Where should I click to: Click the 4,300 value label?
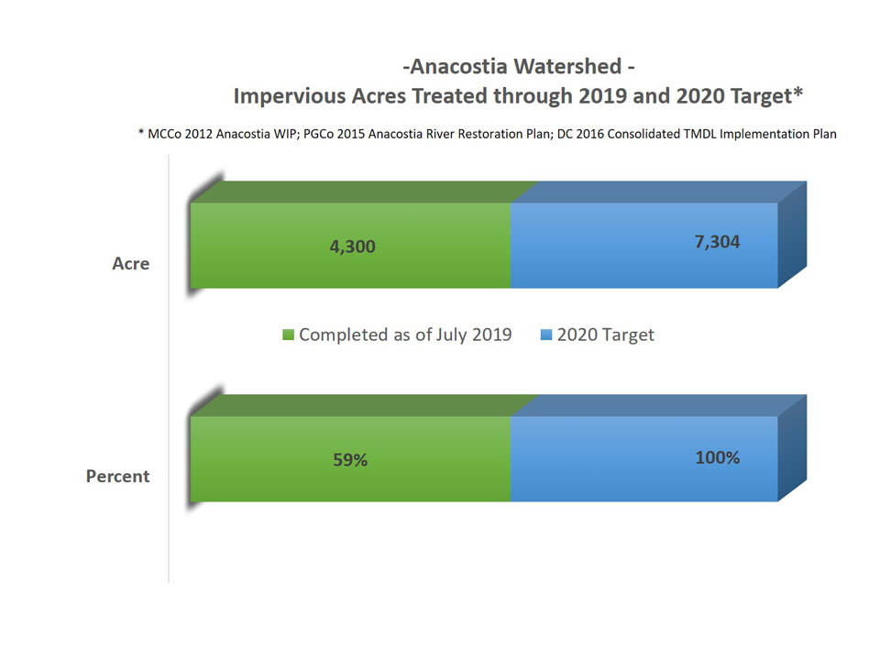352,247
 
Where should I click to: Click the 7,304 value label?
717,242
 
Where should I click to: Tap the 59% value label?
350,459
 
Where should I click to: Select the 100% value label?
717,457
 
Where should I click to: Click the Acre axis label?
131,264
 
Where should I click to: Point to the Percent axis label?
118,477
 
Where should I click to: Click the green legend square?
288,335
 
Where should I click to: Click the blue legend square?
546,335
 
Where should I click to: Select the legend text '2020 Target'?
606,335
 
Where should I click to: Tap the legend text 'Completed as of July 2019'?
405,335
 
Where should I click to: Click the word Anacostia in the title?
459,66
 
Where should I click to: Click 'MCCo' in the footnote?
164,134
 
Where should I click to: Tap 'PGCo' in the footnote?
318,134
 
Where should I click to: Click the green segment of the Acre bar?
350,246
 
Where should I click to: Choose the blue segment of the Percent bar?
643,458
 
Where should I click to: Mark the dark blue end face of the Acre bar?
792,235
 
